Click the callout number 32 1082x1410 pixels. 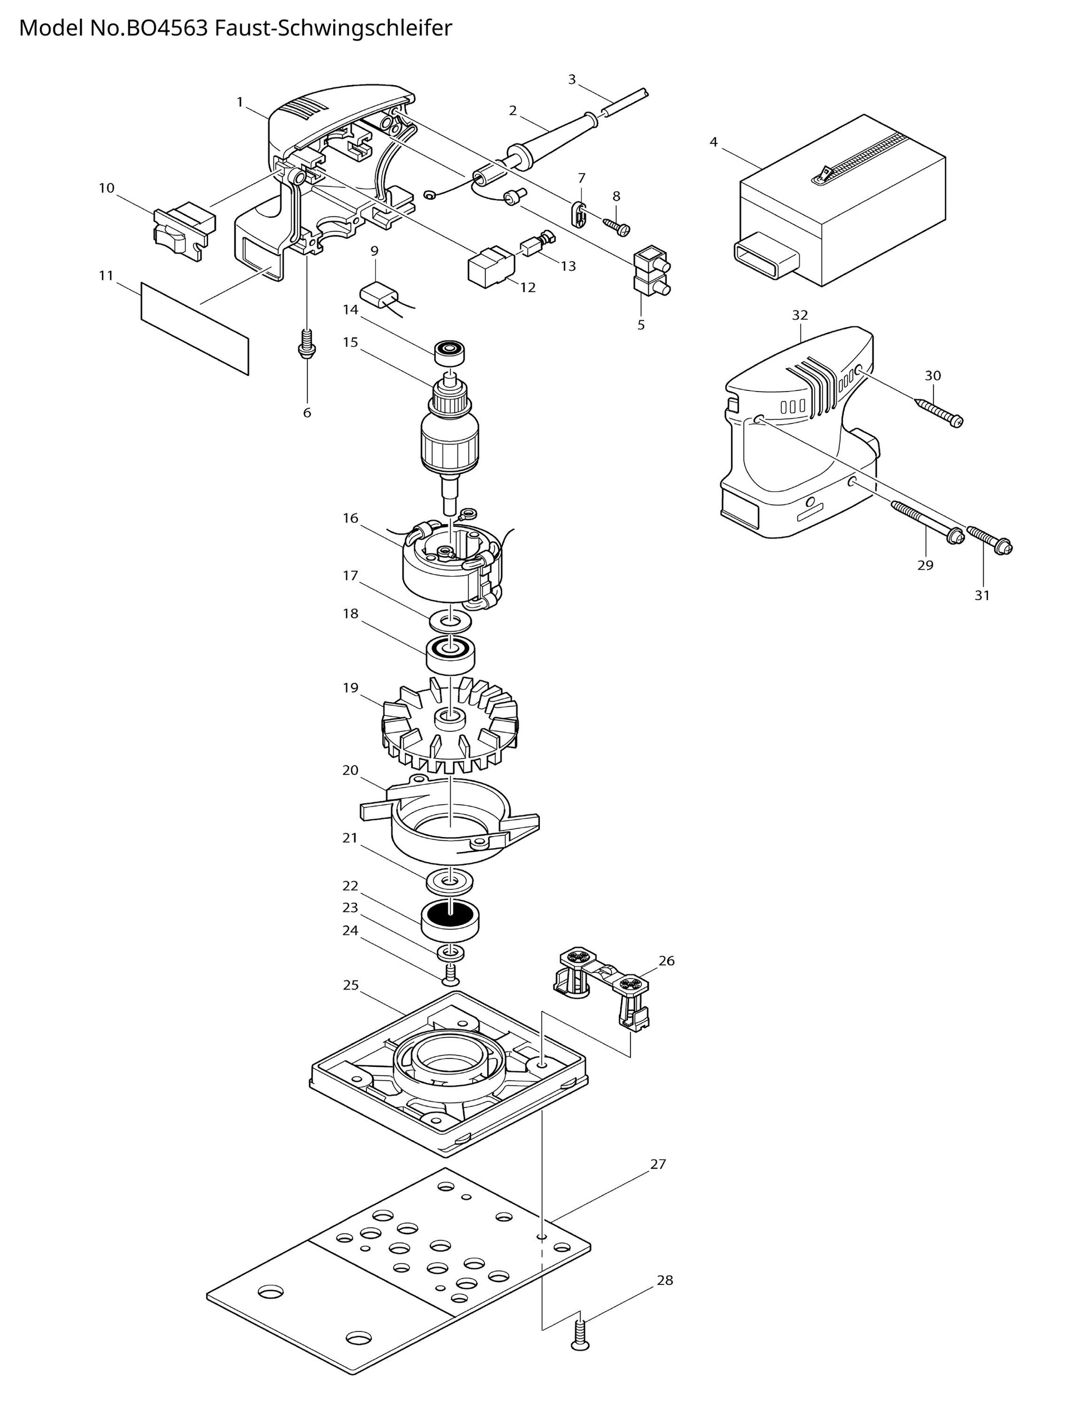pos(800,315)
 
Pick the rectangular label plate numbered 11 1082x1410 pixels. pos(195,328)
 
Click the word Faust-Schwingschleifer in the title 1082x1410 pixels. pos(333,28)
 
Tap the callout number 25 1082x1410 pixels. pos(350,986)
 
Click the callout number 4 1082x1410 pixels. pos(713,142)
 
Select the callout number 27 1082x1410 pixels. pos(658,1164)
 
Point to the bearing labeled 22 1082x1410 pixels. pos(450,921)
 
